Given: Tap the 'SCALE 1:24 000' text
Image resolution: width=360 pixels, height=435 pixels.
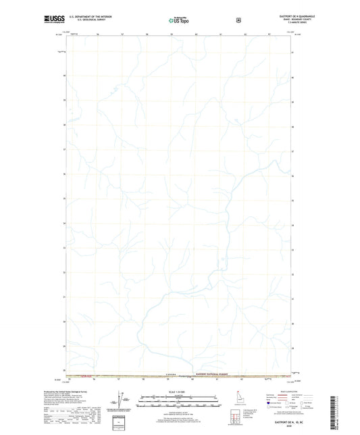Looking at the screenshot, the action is tap(179, 392).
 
